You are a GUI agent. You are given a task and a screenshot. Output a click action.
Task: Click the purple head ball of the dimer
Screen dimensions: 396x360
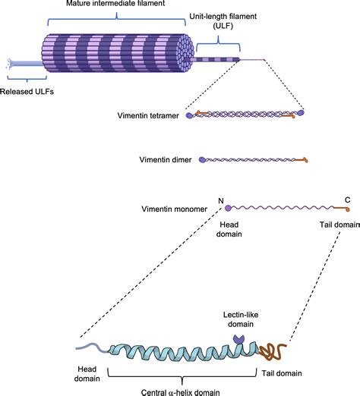click(201, 160)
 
